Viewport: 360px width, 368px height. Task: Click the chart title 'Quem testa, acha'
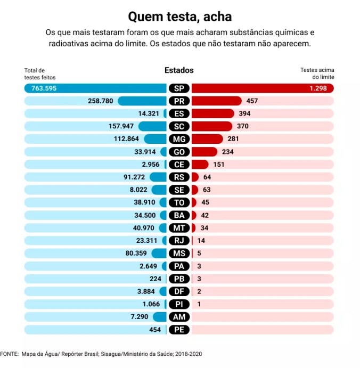pos(180,17)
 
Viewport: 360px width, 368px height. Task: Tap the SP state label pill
pos(179,88)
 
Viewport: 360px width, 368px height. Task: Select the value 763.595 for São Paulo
pos(44,88)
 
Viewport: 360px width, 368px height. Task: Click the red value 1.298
pos(318,88)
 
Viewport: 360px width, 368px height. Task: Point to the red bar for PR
pos(216,101)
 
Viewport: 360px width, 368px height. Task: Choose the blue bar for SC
pos(152,126)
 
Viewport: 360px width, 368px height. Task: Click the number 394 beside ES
pos(244,113)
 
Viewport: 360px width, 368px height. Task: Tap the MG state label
pos(179,139)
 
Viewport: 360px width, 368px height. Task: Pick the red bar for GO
pos(204,152)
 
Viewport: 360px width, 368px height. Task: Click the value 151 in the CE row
pos(219,165)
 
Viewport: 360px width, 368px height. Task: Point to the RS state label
pos(179,177)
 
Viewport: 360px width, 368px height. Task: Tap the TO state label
pos(179,202)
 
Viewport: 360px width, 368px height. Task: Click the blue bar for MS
pos(159,253)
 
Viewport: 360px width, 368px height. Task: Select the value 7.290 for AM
pos(140,317)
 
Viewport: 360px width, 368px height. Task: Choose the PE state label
pos(179,330)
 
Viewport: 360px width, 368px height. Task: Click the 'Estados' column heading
pos(179,70)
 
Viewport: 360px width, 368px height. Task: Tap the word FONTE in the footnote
pos(9,354)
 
